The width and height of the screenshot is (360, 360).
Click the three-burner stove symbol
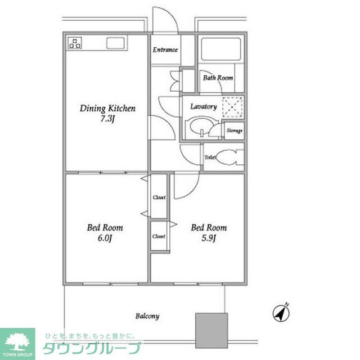[x=75, y=43]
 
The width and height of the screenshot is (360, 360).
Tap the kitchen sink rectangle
[x=115, y=43]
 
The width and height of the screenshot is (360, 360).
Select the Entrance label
[x=165, y=50]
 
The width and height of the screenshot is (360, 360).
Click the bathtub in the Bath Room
[x=221, y=49]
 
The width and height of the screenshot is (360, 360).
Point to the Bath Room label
[x=218, y=78]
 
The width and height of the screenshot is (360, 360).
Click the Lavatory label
[x=204, y=107]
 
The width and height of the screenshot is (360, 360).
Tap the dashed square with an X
[x=232, y=107]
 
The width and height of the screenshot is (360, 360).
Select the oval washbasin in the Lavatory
[x=201, y=128]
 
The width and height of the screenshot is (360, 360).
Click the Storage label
[x=234, y=130]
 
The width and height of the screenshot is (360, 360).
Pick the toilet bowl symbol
[x=227, y=157]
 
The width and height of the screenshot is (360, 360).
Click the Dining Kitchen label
[x=107, y=109]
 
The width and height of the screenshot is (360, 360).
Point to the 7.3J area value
[x=107, y=119]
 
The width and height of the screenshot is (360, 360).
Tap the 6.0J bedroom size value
[x=105, y=238]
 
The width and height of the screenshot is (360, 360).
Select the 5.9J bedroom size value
[x=209, y=238]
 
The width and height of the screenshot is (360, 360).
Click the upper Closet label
[x=159, y=197]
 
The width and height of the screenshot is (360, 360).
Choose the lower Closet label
[x=159, y=236]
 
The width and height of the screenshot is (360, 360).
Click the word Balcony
[x=147, y=316]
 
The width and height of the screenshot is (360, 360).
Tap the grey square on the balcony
[x=211, y=330]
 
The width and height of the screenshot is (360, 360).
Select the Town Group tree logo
[x=17, y=342]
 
